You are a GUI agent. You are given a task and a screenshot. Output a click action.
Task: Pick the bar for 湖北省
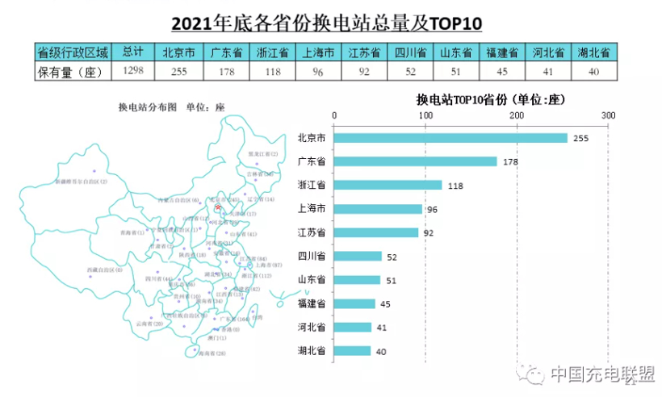click(352, 351)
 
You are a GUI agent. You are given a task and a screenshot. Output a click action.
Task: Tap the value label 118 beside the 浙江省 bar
click(455, 186)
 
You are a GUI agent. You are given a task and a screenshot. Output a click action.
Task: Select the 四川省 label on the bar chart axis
click(312, 257)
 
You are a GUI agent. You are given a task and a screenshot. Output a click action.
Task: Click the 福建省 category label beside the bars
click(312, 304)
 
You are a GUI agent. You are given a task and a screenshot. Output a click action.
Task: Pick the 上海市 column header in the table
click(317, 53)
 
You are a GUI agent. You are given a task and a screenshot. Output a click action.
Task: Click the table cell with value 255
click(179, 71)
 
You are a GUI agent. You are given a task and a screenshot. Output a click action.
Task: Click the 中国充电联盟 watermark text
click(601, 374)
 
